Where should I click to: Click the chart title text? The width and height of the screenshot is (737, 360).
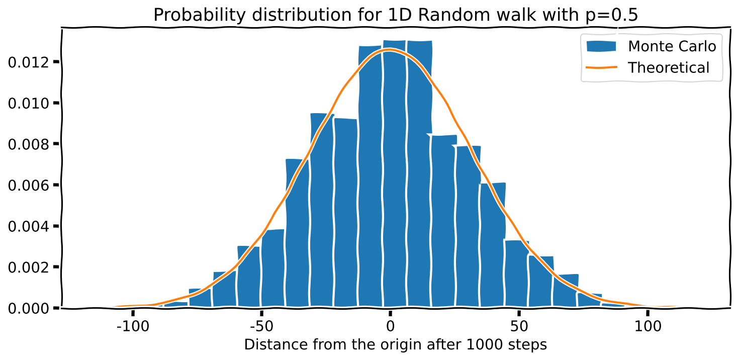(x=395, y=15)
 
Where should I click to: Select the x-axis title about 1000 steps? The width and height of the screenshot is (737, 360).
(x=395, y=345)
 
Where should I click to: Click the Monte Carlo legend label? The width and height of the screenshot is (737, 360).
(x=672, y=46)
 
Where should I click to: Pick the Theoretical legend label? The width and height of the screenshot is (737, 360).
(x=669, y=67)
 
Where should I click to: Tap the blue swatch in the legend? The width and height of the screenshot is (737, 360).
(x=601, y=46)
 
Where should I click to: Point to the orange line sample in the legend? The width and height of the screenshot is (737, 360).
(x=601, y=67)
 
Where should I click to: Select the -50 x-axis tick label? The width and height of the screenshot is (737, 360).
(x=260, y=325)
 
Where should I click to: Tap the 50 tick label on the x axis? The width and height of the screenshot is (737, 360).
(x=518, y=325)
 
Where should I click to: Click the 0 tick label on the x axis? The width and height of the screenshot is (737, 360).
(x=390, y=325)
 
